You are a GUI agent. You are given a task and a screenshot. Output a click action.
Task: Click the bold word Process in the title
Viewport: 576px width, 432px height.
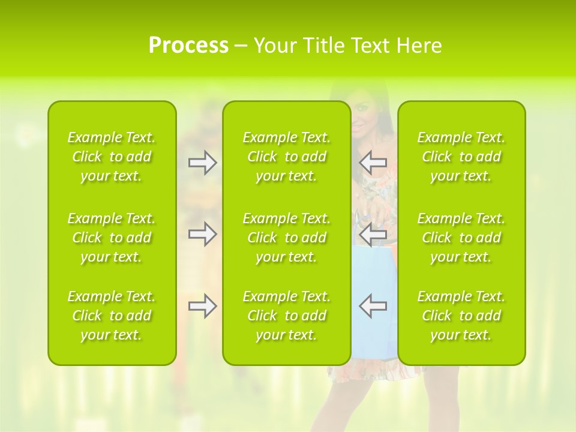pos(188,46)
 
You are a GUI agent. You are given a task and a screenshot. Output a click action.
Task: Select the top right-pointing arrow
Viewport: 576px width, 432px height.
pos(202,163)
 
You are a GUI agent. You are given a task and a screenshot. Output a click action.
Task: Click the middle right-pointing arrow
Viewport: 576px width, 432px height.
pos(202,234)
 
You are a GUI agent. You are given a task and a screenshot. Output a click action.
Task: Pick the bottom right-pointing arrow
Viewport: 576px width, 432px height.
pos(202,306)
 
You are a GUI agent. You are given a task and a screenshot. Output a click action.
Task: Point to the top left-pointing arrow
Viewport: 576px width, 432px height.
pos(373,163)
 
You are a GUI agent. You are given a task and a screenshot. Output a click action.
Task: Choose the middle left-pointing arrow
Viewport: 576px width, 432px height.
pos(373,234)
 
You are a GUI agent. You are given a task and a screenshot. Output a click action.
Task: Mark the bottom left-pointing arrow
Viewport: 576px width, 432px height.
pos(373,306)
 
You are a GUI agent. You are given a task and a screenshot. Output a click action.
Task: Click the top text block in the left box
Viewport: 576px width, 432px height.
pos(112,157)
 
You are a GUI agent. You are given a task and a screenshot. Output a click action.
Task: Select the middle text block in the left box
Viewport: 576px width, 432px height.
pos(112,238)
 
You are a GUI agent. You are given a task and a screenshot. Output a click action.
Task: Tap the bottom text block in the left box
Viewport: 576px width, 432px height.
pos(112,316)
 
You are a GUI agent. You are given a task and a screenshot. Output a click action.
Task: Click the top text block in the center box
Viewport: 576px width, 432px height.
pos(286,157)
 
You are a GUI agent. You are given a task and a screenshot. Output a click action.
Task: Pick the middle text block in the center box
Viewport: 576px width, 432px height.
pos(286,238)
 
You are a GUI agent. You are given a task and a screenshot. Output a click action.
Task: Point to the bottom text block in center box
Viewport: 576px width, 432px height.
pos(286,316)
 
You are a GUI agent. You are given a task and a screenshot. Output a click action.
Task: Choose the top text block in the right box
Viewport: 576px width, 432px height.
pos(461,157)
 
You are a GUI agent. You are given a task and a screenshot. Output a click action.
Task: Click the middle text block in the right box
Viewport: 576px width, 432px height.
pos(461,238)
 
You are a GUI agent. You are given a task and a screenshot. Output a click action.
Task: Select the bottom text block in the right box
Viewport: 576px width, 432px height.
pos(461,316)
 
